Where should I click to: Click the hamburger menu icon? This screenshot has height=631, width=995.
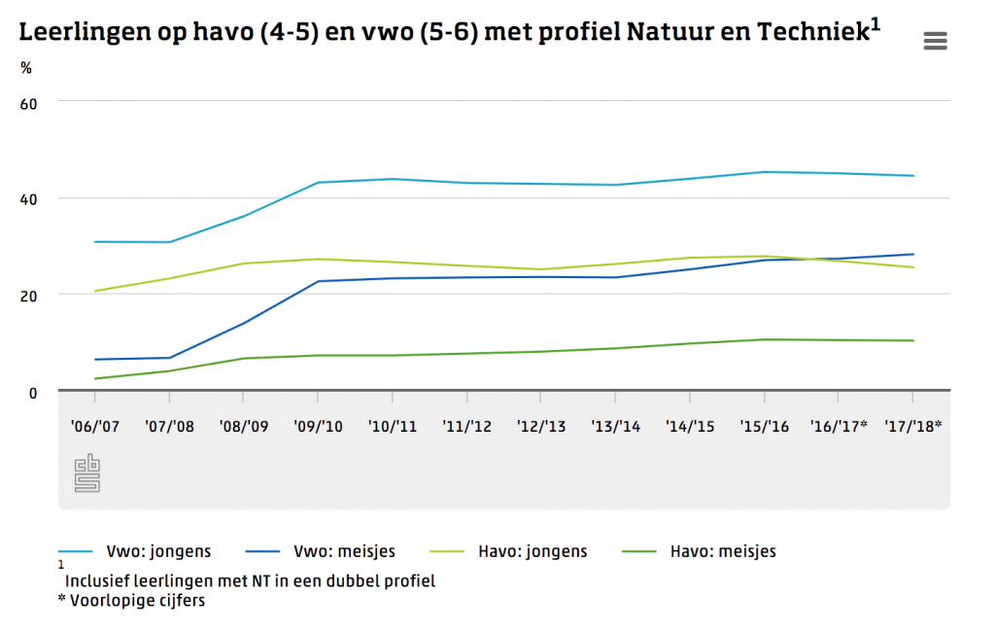935,40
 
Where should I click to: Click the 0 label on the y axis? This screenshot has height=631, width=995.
32,393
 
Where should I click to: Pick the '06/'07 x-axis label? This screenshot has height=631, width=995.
94,425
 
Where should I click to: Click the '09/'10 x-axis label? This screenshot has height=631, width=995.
317,425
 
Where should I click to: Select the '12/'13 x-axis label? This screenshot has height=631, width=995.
540,425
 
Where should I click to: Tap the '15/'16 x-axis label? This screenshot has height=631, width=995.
764,425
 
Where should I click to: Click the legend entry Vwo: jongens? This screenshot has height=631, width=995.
158,552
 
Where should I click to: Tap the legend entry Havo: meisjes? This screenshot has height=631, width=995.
723,552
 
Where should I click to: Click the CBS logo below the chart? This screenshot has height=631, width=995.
87,473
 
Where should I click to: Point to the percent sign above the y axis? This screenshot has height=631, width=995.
26,68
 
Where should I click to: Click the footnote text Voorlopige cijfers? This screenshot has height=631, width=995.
137,600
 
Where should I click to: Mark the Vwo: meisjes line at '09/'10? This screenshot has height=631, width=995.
317,281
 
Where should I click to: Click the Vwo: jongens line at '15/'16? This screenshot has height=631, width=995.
764,172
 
